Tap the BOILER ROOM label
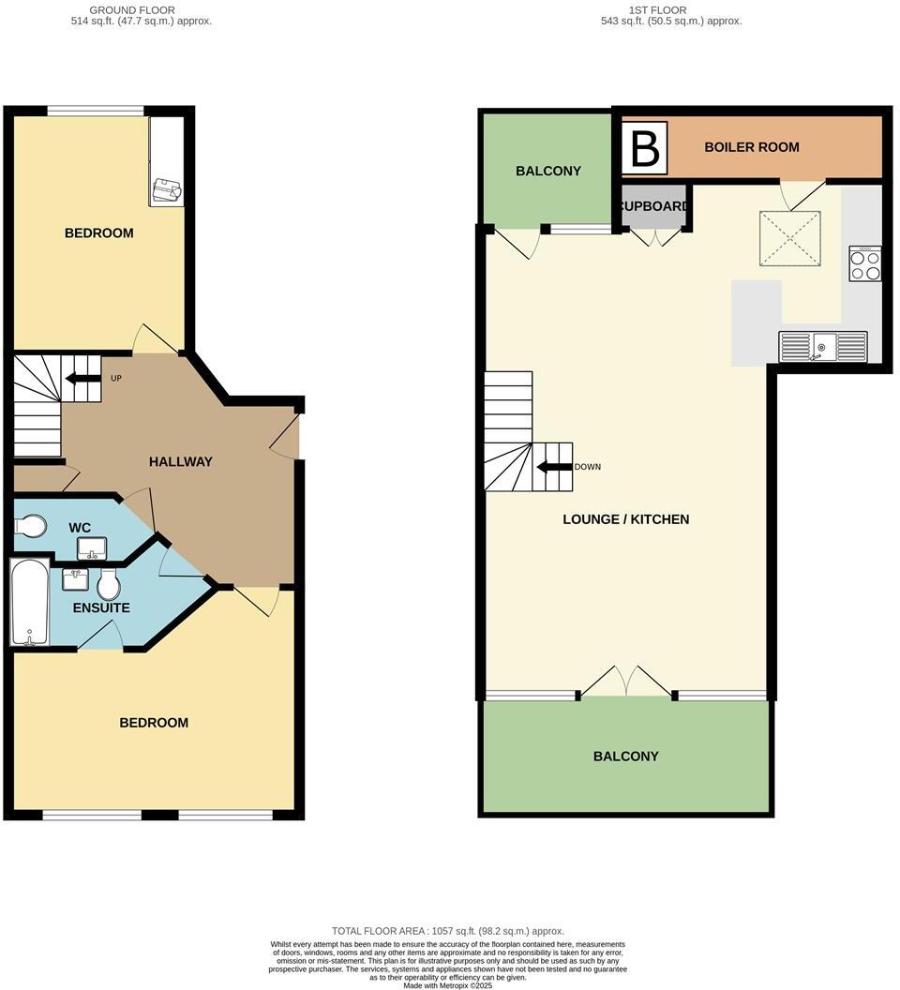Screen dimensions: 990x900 [x=752, y=147]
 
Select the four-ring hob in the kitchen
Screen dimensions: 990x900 [x=864, y=263]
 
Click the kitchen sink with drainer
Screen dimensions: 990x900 [x=822, y=347]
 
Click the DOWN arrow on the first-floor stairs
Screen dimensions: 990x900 [x=554, y=467]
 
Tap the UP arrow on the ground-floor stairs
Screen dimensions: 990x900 [x=82, y=380]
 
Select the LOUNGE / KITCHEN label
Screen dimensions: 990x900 [x=625, y=519]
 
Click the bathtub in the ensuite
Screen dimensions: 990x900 [x=28, y=602]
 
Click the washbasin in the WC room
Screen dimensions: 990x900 [x=92, y=547]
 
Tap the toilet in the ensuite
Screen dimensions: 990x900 [x=109, y=585]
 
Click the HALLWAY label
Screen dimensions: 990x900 [x=180, y=461]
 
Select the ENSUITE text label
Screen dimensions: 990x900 [x=101, y=607]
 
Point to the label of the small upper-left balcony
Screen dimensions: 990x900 [x=548, y=172]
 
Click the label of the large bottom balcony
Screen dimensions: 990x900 [x=625, y=757]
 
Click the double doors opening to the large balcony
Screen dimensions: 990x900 [x=625, y=682]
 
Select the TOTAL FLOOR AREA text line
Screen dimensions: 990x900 [x=449, y=931]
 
